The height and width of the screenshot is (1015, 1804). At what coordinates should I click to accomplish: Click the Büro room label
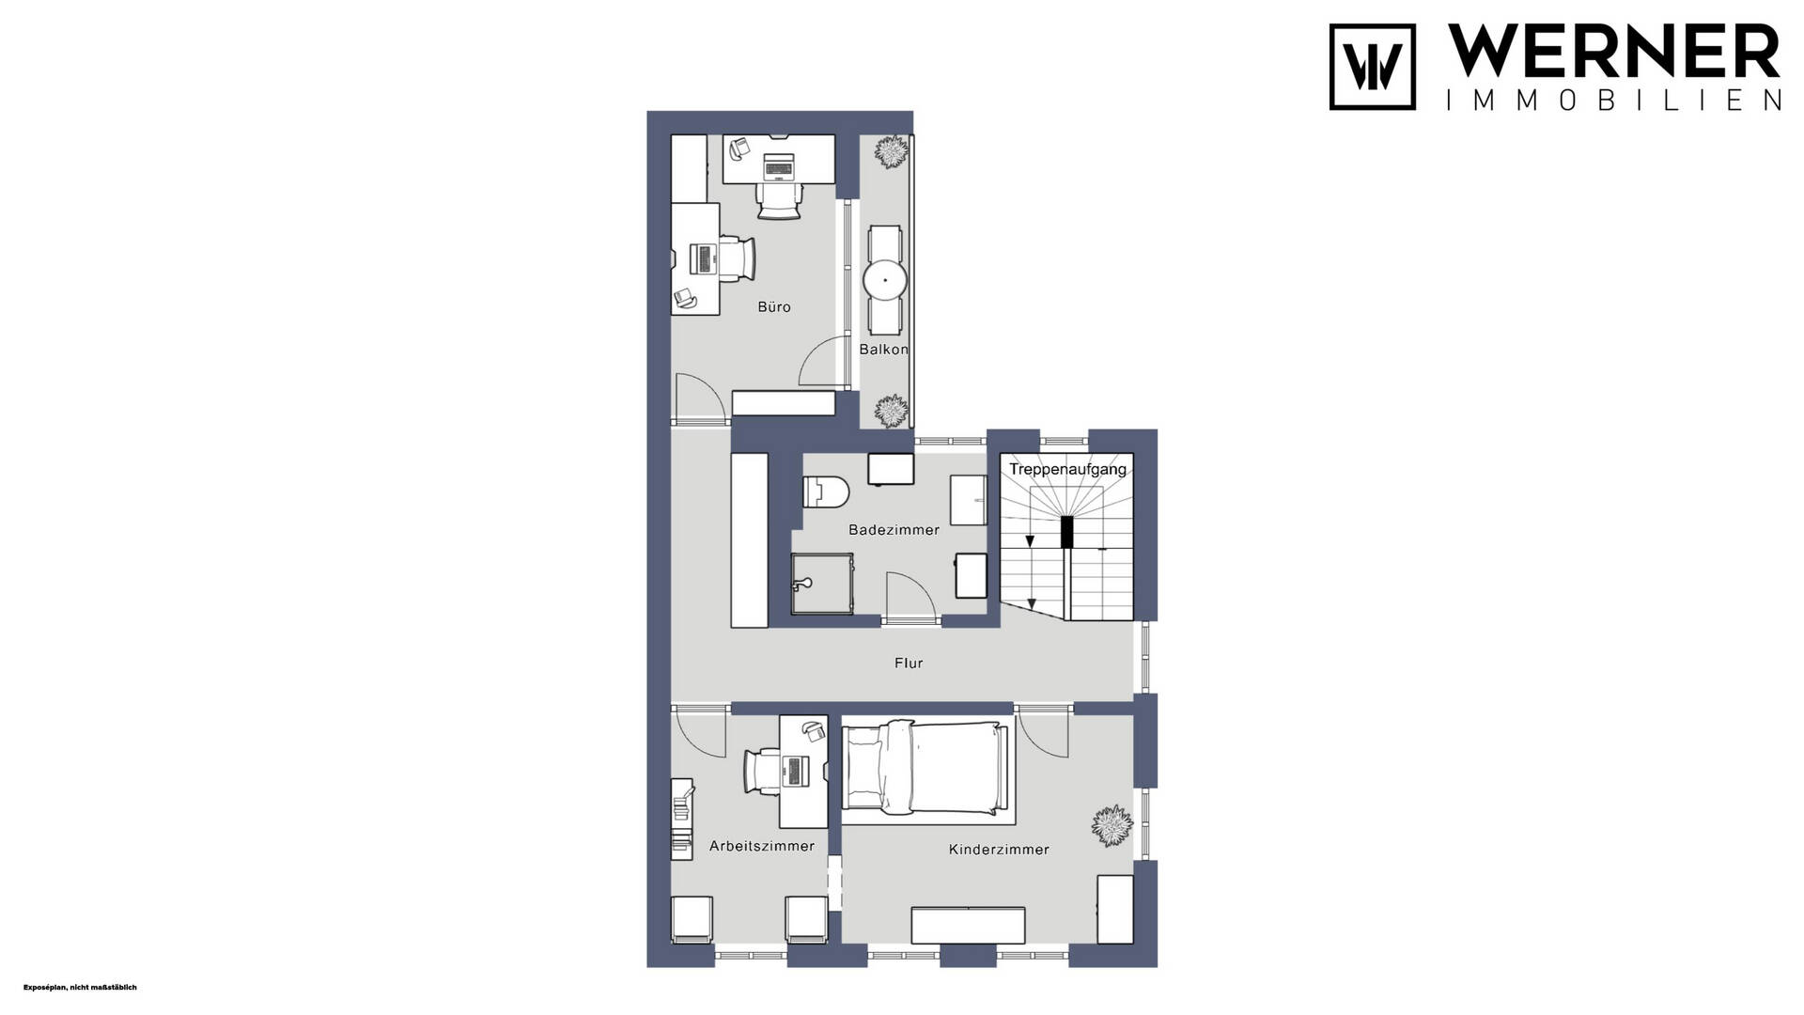pyautogui.click(x=774, y=307)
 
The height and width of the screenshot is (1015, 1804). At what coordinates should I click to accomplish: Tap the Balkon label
pyautogui.click(x=884, y=350)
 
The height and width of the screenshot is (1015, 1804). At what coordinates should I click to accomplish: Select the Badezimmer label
pyautogui.click(x=894, y=530)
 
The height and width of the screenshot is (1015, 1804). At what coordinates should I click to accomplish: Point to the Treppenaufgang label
pyautogui.click(x=1067, y=469)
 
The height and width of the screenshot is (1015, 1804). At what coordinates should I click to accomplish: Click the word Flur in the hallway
pyautogui.click(x=909, y=664)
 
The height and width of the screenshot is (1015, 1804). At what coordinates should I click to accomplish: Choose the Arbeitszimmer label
pyautogui.click(x=762, y=846)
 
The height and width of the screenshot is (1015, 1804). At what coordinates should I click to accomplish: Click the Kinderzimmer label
pyautogui.click(x=999, y=850)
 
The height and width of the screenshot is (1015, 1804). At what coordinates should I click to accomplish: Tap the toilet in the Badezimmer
pyautogui.click(x=826, y=492)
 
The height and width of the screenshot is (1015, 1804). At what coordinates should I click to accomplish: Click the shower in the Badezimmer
pyautogui.click(x=822, y=584)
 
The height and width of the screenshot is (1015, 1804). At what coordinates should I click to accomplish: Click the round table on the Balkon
pyautogui.click(x=884, y=280)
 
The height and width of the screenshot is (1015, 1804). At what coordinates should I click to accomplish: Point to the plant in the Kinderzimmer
pyautogui.click(x=1112, y=826)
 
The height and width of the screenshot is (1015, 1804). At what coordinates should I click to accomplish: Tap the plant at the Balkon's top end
pyautogui.click(x=891, y=152)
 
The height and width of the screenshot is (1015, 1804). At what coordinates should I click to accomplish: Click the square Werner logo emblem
pyautogui.click(x=1372, y=67)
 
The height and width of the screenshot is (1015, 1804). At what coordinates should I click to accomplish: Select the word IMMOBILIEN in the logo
pyautogui.click(x=1613, y=101)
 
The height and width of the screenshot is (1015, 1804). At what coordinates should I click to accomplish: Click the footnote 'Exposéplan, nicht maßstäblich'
pyautogui.click(x=80, y=988)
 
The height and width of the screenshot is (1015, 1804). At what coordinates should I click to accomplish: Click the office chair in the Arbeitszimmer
pyautogui.click(x=762, y=772)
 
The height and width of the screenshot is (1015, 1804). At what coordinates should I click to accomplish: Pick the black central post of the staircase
pyautogui.click(x=1066, y=532)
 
